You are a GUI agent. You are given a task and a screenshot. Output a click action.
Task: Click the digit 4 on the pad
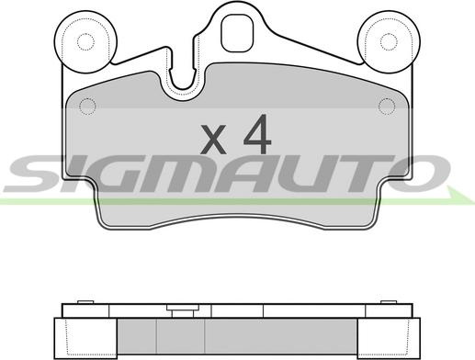(257, 134)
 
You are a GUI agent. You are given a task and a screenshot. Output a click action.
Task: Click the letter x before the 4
(213, 139)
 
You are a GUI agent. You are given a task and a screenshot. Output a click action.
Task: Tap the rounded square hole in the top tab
(237, 33)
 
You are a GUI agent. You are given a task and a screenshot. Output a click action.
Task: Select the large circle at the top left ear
(85, 42)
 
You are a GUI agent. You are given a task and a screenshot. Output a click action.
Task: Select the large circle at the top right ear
(389, 42)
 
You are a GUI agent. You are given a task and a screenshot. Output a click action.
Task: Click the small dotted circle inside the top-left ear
(85, 42)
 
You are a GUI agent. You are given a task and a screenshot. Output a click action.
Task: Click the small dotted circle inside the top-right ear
(389, 42)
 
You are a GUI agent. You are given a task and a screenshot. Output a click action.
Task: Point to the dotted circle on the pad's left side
(87, 107)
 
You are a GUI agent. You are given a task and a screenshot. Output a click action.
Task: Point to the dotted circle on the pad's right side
(387, 107)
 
